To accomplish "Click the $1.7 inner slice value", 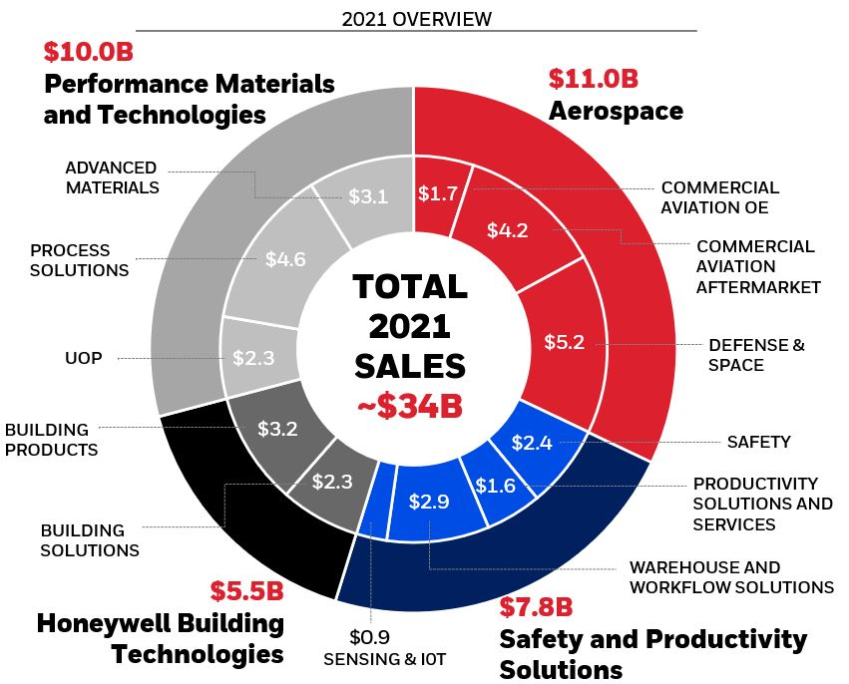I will pyautogui.click(x=437, y=193).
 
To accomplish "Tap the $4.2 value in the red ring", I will pyautogui.click(x=507, y=230).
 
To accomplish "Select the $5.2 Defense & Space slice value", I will pyautogui.click(x=564, y=342).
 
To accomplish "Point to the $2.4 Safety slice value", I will pyautogui.click(x=531, y=443).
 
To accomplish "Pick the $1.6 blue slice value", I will pyautogui.click(x=496, y=486).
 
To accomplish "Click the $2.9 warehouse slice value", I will pyautogui.click(x=429, y=502).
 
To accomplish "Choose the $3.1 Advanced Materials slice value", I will pyautogui.click(x=367, y=196).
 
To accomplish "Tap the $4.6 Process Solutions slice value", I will pyautogui.click(x=285, y=259).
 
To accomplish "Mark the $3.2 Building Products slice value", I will pyautogui.click(x=277, y=430).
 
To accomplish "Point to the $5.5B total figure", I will pyautogui.click(x=246, y=591).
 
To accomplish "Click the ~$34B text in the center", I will pyautogui.click(x=410, y=408).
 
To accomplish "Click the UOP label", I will pyautogui.click(x=83, y=358).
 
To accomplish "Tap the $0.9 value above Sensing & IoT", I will pyautogui.click(x=370, y=637).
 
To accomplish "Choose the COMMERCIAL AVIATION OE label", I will pyautogui.click(x=719, y=197).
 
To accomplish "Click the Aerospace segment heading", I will pyautogui.click(x=616, y=110).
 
